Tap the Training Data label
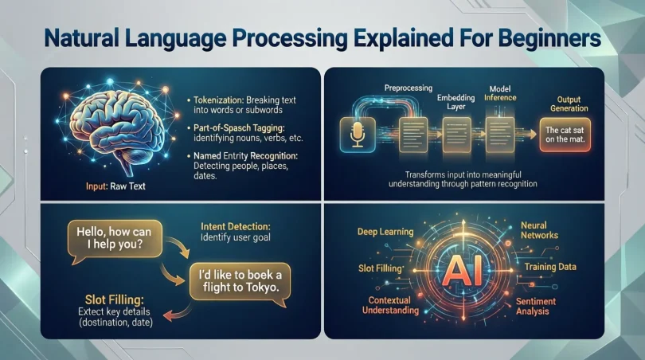click(x=550, y=267)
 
